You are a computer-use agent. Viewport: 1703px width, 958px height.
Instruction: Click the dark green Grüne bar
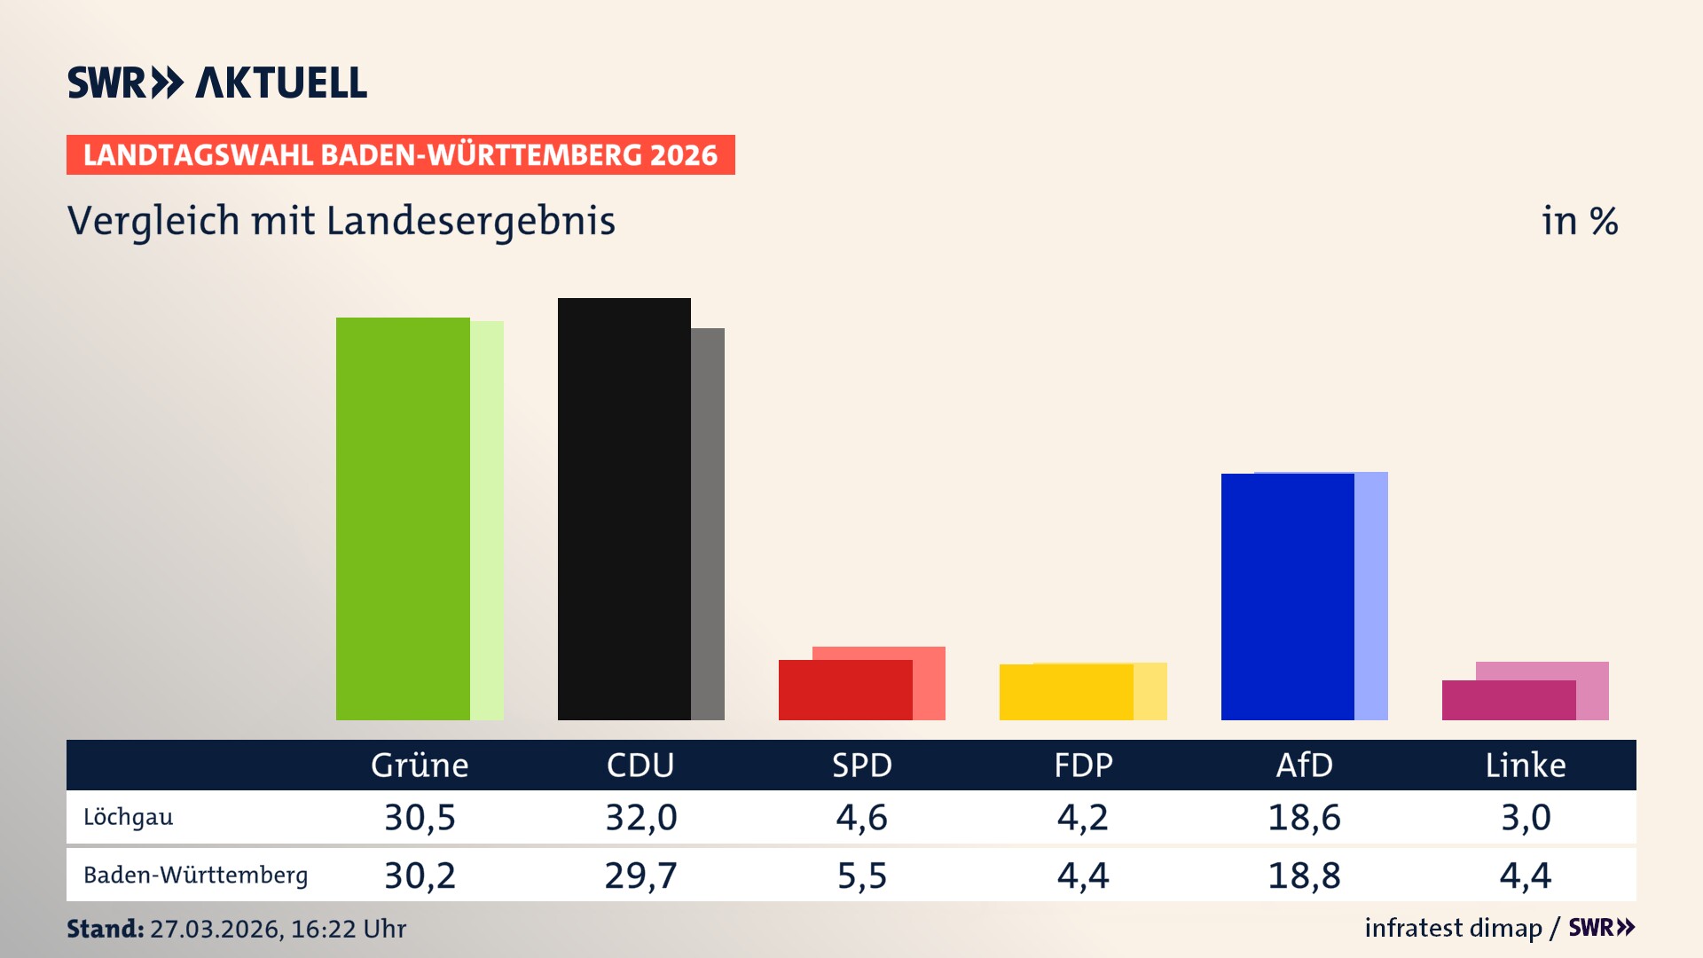(403, 519)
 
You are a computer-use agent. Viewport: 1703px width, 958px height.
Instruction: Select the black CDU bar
(624, 509)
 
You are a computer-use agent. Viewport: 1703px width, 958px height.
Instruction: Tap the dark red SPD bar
(845, 690)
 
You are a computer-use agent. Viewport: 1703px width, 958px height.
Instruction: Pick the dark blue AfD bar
(1287, 597)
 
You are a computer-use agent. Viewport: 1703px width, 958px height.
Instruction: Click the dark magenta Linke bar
(1508, 700)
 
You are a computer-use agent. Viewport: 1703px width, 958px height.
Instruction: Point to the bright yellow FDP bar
(1066, 692)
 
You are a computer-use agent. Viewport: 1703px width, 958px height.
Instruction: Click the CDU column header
(640, 766)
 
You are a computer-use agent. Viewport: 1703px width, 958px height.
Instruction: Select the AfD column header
(1304, 766)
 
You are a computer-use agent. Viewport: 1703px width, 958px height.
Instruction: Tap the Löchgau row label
(129, 817)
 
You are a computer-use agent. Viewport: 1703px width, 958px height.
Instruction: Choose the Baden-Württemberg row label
(195, 876)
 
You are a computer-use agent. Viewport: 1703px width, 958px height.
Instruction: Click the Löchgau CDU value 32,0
(640, 817)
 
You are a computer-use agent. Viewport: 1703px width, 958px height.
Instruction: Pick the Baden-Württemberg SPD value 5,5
(862, 876)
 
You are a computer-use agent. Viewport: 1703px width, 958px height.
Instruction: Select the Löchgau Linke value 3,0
(1526, 817)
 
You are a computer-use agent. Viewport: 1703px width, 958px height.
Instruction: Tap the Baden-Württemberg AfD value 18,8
(1304, 876)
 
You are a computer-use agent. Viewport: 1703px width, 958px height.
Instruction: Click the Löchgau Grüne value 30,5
(420, 817)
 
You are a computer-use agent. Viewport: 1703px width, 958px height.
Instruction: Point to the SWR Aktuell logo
(217, 82)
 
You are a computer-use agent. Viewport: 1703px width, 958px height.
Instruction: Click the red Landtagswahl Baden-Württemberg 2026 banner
(400, 155)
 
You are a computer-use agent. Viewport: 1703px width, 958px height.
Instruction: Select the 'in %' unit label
(1580, 221)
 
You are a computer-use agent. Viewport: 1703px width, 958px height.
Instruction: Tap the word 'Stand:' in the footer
(105, 929)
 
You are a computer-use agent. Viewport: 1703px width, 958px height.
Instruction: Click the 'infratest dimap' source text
(1453, 928)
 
